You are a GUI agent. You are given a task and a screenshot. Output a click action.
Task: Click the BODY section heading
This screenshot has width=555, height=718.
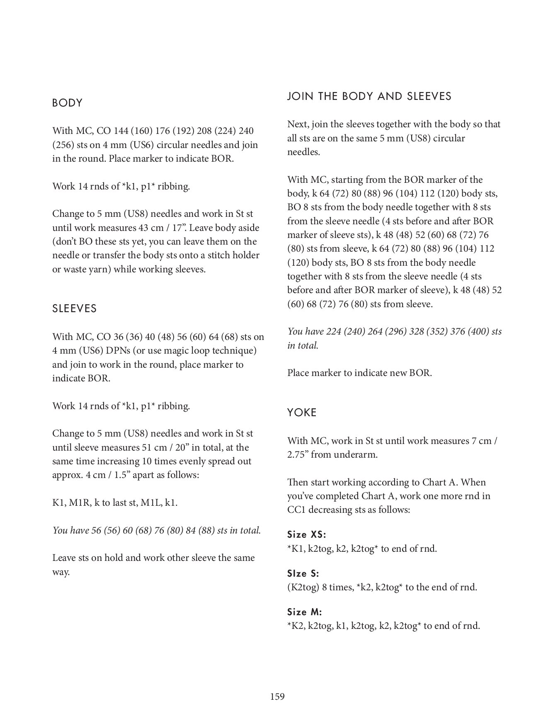(68, 103)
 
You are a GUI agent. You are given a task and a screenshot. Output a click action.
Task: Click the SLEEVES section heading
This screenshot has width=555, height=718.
(75, 309)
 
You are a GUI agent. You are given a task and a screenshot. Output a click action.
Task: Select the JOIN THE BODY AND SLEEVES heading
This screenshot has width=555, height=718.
(369, 96)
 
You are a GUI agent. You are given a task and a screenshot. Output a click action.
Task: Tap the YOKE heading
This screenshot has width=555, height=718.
(302, 412)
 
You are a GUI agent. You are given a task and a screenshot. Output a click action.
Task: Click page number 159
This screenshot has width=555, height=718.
(277, 696)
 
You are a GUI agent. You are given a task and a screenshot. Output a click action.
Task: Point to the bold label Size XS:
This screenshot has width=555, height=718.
(306, 535)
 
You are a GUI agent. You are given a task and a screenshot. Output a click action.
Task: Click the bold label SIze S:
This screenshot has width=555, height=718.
(303, 574)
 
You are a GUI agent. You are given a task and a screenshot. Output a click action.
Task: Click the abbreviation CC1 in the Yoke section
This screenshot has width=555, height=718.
(296, 509)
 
